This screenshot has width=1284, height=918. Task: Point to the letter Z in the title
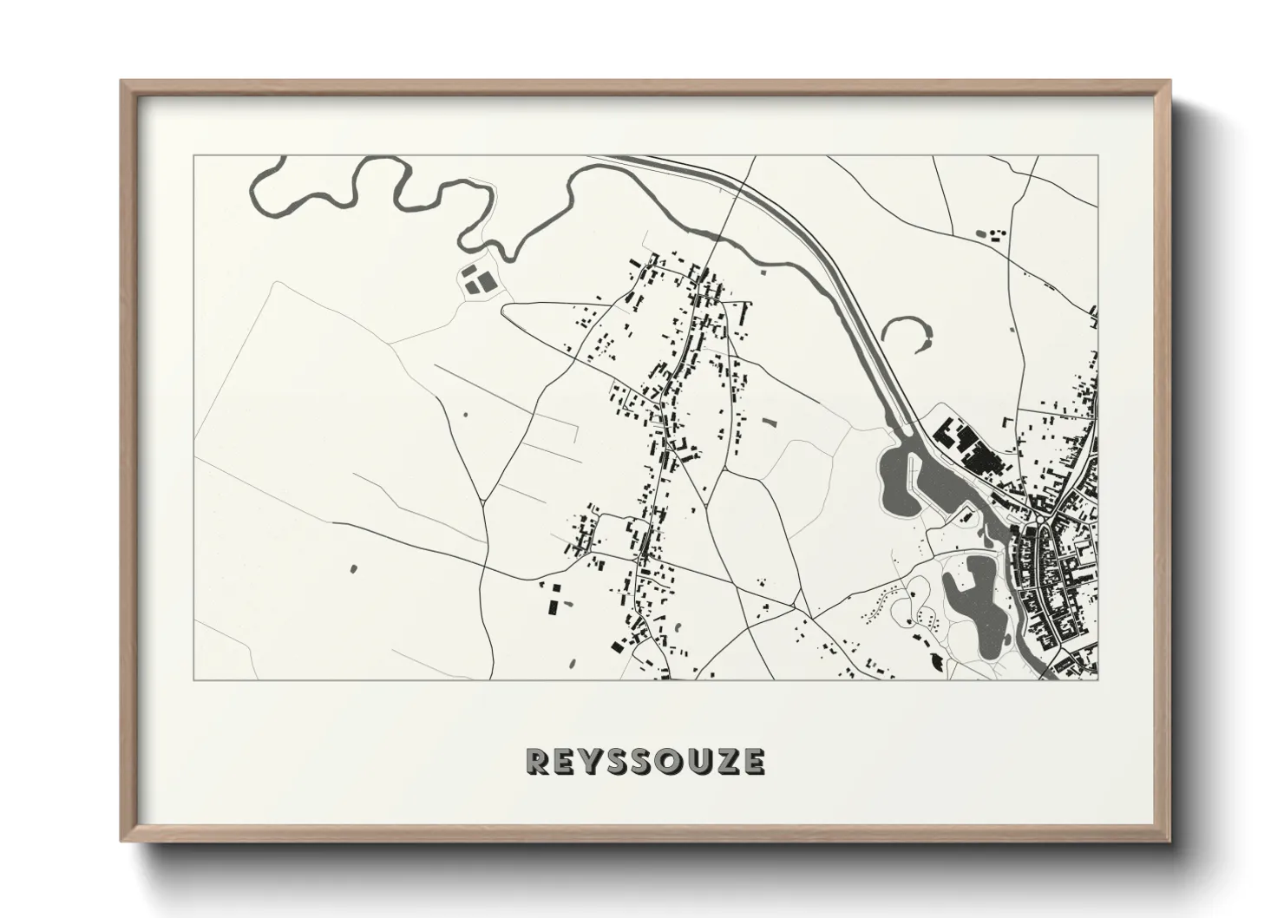coord(727,762)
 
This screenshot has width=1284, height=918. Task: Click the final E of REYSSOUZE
coord(753,762)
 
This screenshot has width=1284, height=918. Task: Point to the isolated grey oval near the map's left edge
coord(352,569)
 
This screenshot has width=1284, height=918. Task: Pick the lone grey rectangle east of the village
coord(768,423)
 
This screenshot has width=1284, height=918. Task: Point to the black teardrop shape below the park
coord(937,661)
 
